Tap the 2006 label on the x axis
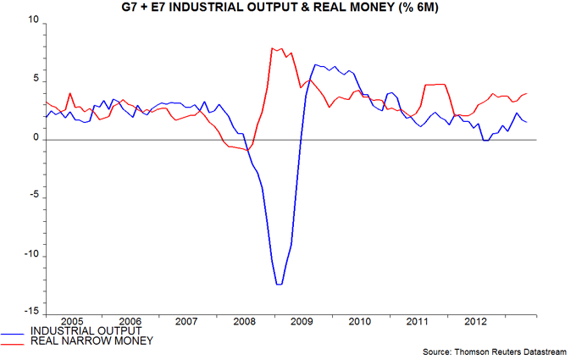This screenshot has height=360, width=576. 130,322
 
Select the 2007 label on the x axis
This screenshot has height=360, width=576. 187,322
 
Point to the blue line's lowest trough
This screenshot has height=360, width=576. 279,284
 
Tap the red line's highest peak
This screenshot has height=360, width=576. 273,48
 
